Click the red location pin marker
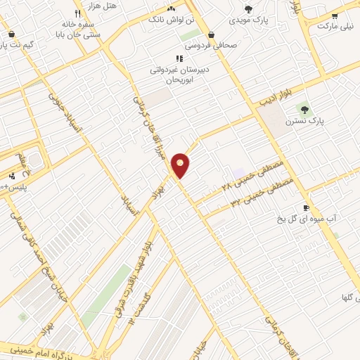pos(181,165)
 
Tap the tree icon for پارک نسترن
pos(304,109)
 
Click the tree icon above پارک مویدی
pos(248,8)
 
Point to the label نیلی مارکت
pos(334,26)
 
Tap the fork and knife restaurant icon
pos(77,13)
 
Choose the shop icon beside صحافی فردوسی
pos(211,34)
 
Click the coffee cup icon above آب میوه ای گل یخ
pos(306,207)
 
